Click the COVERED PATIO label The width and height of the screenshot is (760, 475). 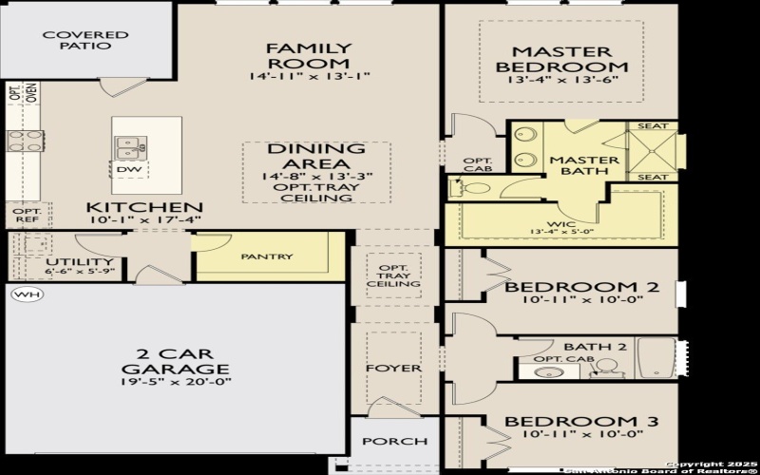point(85,40)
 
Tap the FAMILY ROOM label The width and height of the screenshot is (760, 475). point(309,55)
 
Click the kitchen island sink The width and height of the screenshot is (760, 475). point(131,147)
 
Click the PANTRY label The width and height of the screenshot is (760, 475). point(267,256)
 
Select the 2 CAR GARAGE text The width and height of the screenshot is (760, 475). point(175,361)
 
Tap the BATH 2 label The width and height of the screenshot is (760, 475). point(595,347)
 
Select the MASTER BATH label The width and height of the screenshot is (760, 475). point(584,165)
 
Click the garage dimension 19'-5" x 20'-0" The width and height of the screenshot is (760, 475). point(175,382)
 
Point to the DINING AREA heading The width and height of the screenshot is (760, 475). point(315,156)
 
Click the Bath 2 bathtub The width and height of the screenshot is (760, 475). point(655,358)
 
